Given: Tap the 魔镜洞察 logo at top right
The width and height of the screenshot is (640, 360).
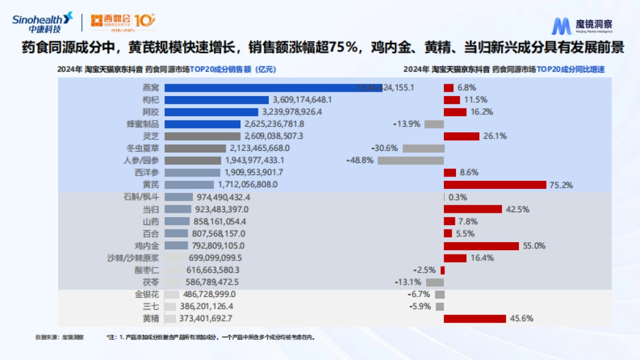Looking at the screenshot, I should [x=582, y=26].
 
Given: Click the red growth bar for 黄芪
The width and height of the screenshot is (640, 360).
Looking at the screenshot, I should [x=495, y=185].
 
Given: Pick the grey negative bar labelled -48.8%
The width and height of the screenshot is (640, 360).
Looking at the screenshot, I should [x=411, y=161].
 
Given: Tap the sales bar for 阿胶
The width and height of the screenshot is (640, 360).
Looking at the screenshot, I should [x=212, y=112].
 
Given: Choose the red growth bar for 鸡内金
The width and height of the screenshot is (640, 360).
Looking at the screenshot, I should [x=481, y=246].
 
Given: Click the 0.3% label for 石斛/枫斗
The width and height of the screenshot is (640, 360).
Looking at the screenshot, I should [x=458, y=197].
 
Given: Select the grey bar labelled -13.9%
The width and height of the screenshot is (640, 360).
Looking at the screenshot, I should [x=434, y=124].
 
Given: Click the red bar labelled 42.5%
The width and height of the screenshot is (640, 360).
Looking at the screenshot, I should [x=473, y=209].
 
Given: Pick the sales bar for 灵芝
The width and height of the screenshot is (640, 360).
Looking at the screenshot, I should [x=202, y=136].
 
